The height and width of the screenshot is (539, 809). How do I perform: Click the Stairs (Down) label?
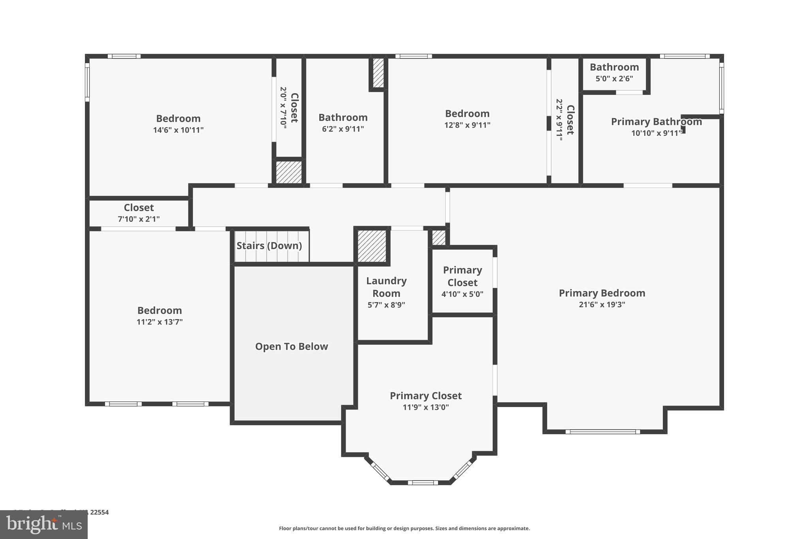coord(269,246)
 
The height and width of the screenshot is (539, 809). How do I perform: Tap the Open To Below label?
coord(292,346)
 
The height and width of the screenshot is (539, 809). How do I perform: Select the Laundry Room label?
coord(386,287)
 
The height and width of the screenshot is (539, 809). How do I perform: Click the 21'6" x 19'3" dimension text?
coord(602,304)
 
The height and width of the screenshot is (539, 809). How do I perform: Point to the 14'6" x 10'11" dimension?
coord(178,130)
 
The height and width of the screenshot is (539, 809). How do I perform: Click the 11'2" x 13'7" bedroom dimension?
coord(159,322)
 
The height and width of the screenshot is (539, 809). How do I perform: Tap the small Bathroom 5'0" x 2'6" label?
coord(614,67)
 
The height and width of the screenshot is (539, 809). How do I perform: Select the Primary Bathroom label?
coord(656,122)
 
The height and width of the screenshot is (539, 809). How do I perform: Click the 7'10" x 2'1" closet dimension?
coord(139,219)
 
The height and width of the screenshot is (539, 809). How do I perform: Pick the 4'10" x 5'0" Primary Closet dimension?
coord(462,294)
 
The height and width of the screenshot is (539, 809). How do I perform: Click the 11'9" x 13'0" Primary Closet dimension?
coord(425,407)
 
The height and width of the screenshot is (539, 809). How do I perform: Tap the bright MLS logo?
coord(44,525)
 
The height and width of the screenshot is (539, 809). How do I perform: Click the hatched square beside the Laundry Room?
coord(372,246)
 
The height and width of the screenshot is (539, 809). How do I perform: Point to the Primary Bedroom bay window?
coord(602,432)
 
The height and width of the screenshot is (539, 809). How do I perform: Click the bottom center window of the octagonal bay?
coord(423,483)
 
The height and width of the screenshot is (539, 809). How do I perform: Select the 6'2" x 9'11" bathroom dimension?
coord(343,129)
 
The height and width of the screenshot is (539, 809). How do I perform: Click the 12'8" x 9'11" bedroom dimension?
coord(467,125)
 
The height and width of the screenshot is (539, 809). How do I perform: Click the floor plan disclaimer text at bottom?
coord(404,528)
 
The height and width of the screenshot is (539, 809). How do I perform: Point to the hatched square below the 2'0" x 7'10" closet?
coord(288,172)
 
